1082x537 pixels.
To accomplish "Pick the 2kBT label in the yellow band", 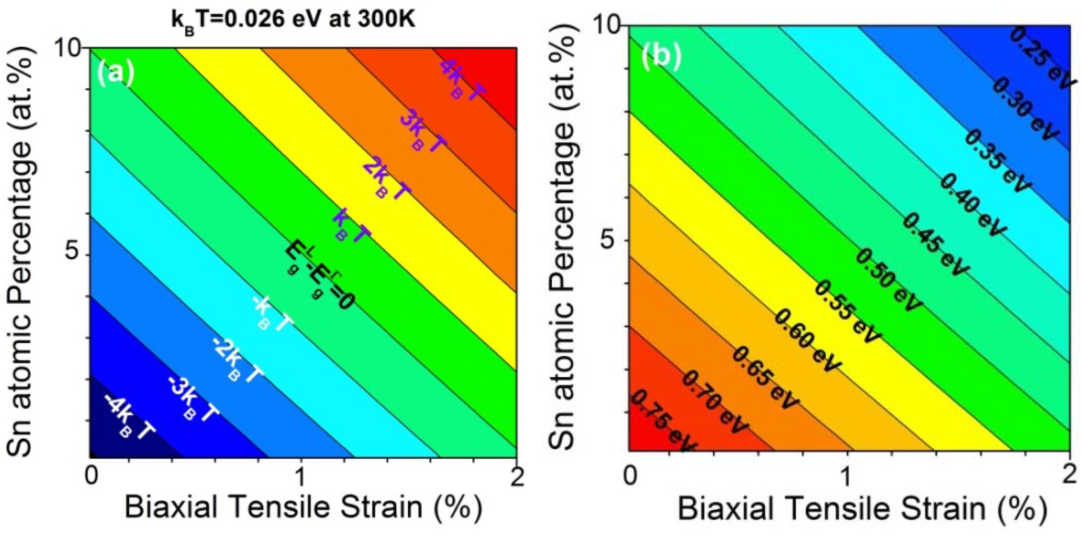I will (386, 180).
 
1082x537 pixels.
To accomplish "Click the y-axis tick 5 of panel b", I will (608, 241).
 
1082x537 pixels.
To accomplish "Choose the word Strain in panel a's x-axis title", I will (381, 507).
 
